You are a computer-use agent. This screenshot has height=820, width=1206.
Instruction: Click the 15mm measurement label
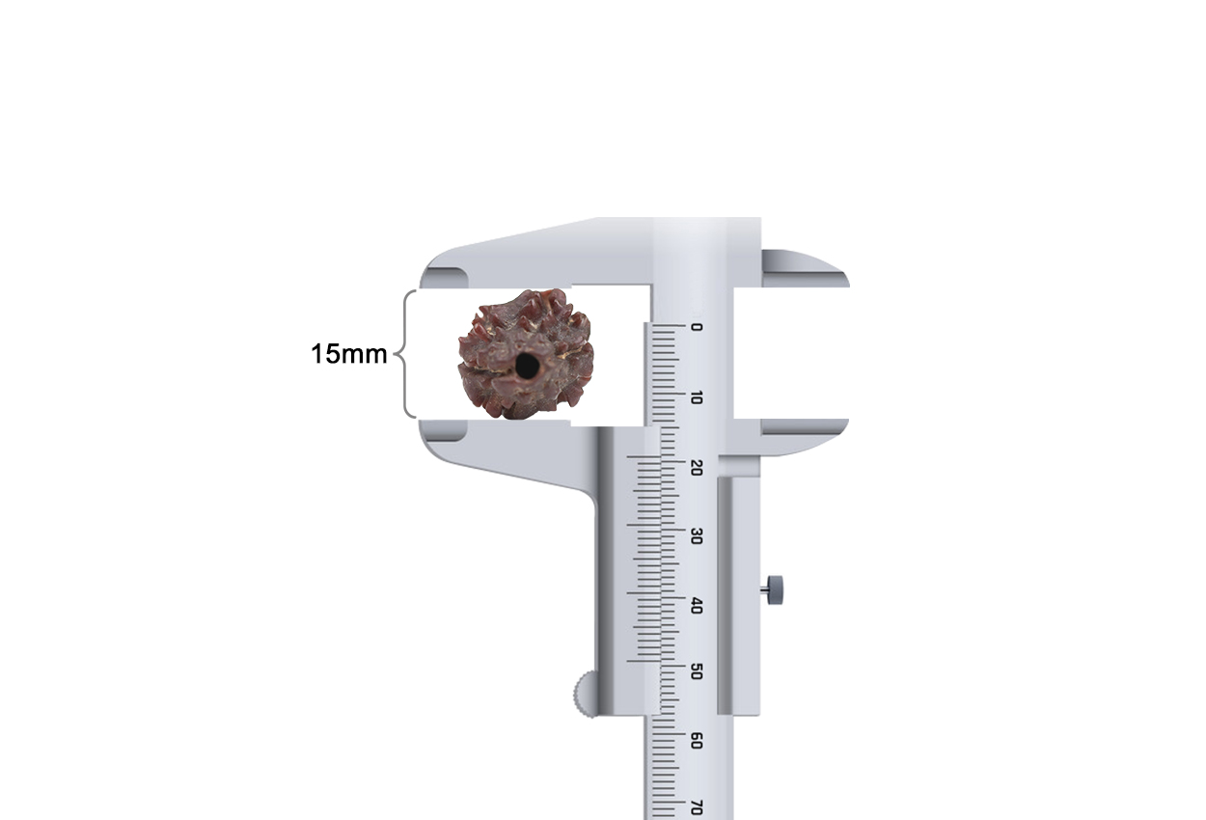[x=349, y=354]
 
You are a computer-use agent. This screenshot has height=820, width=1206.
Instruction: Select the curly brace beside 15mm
[x=406, y=354]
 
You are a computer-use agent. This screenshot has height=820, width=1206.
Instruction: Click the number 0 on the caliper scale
[x=697, y=327]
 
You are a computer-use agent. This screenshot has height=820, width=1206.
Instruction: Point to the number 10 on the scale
[x=697, y=397]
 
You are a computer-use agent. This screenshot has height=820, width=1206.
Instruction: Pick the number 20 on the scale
[x=697, y=468]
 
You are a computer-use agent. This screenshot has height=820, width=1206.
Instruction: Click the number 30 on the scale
[x=697, y=536]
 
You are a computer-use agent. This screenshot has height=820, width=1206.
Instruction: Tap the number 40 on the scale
[x=697, y=605]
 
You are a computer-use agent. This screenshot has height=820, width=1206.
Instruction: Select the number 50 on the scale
[x=697, y=672]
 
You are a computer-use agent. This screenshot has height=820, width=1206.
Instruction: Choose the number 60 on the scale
[x=697, y=741]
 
